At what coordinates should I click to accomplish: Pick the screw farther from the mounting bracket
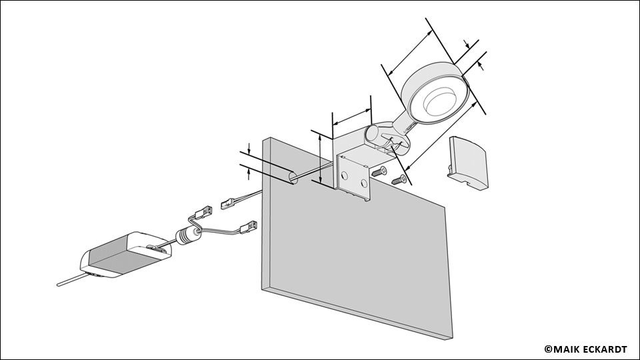(398, 179)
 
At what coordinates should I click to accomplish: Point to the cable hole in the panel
(291, 177)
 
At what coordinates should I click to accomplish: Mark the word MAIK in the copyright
(565, 348)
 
